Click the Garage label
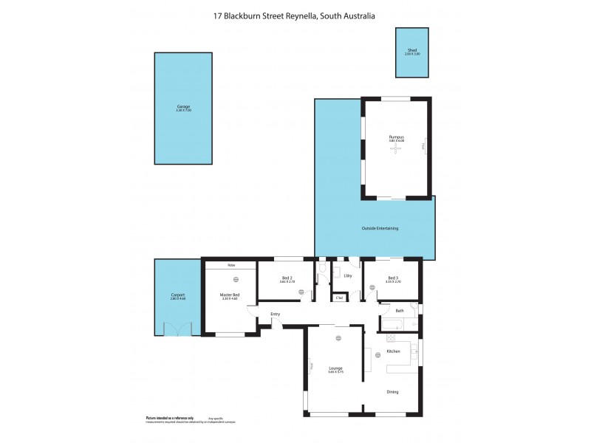point(183,106)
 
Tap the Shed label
point(411,50)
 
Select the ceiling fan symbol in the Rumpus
point(397,148)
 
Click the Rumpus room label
point(397,137)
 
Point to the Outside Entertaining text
point(380,228)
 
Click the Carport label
point(177,295)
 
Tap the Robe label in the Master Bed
point(231,264)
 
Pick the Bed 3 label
point(393,278)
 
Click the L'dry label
point(348,275)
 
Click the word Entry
point(276,315)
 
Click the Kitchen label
point(393,351)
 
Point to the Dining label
point(392,391)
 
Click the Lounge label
point(336,368)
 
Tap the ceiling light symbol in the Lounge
point(338,337)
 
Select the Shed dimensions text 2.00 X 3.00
point(411,55)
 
